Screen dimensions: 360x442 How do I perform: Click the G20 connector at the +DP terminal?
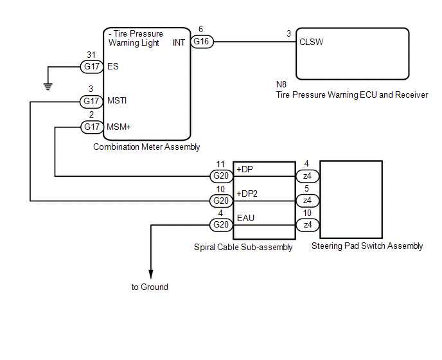click(222, 175)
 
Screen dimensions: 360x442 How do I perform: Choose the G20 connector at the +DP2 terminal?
click(222, 201)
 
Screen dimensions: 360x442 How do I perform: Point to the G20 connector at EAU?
click(222, 224)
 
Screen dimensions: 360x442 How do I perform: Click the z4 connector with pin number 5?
click(306, 201)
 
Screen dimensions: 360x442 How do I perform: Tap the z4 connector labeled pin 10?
click(306, 224)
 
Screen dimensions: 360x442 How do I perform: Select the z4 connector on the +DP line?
click(306, 175)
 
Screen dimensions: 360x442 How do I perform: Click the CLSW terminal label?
click(311, 43)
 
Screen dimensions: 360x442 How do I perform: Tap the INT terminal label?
click(180, 43)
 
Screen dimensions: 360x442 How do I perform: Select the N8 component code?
click(281, 84)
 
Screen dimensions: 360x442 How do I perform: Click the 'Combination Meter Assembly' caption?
click(146, 147)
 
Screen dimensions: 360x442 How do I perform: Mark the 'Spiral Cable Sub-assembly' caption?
click(243, 247)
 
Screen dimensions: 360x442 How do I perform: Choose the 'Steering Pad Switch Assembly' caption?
click(367, 246)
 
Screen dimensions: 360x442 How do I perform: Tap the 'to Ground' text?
click(150, 287)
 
